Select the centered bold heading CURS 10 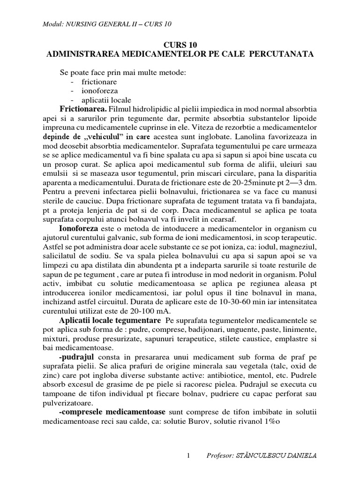[180, 45]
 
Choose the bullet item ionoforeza [99, 90]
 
